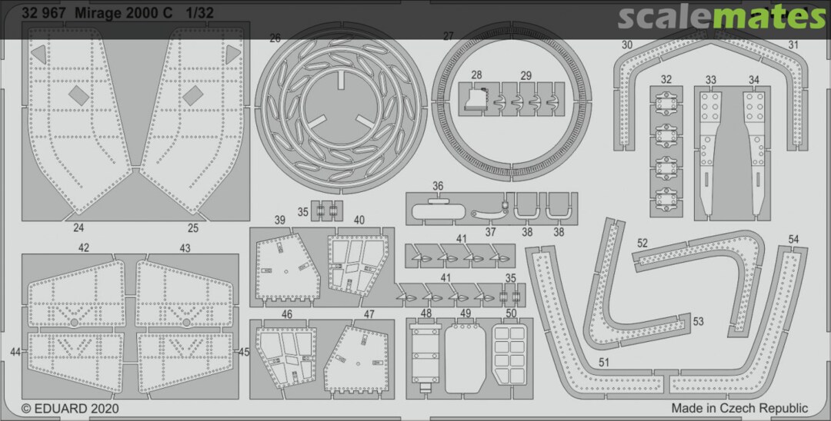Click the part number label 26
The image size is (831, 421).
pyautogui.click(x=275, y=38)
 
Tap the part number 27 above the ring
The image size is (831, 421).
pyautogui.click(x=449, y=37)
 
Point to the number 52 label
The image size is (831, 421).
pyautogui.click(x=642, y=244)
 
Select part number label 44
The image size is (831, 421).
pyautogui.click(x=15, y=352)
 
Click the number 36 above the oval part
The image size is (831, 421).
pyautogui.click(x=438, y=186)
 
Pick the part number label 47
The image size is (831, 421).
pyautogui.click(x=369, y=315)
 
